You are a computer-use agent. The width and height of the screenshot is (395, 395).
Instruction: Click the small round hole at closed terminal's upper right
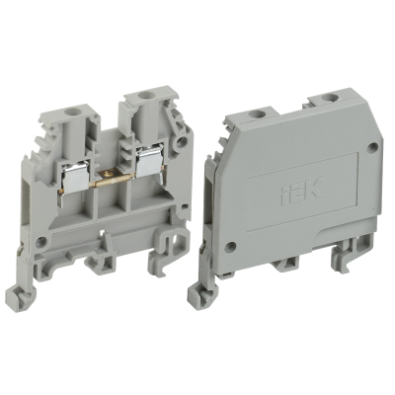371,149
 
